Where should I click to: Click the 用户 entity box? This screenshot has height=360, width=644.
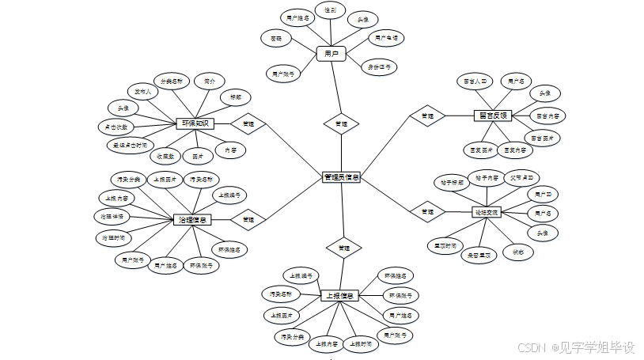tap(331, 54)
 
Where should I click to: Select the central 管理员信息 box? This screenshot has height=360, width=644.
tap(342, 177)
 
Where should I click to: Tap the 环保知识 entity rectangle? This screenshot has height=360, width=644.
tap(195, 123)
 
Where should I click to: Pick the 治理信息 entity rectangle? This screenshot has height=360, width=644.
tap(194, 219)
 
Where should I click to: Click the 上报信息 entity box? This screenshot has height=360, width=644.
tap(341, 296)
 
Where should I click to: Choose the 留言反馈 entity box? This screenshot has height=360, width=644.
tap(493, 116)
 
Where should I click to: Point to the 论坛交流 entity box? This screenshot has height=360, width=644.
tap(487, 212)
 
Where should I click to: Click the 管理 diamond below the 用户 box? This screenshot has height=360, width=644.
tap(341, 123)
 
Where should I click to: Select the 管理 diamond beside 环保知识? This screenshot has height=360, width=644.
tap(248, 124)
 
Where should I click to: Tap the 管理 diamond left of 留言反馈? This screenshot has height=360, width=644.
tap(427, 116)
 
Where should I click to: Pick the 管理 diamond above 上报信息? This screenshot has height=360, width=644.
tap(343, 248)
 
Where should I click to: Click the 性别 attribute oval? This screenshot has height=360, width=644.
tap(330, 11)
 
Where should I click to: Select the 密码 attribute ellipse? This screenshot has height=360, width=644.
tap(276, 37)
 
